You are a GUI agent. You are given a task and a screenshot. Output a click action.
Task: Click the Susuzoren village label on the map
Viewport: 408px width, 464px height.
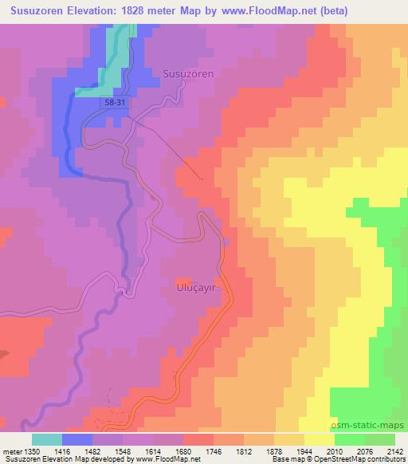(188, 73)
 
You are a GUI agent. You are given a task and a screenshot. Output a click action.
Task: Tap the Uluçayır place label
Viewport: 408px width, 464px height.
(197, 285)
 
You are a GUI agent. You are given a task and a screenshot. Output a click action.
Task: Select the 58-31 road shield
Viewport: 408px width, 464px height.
(112, 104)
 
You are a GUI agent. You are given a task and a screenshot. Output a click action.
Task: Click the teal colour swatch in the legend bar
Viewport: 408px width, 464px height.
(47, 439)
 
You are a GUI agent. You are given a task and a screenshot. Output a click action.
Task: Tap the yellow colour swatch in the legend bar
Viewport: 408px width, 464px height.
(320, 439)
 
